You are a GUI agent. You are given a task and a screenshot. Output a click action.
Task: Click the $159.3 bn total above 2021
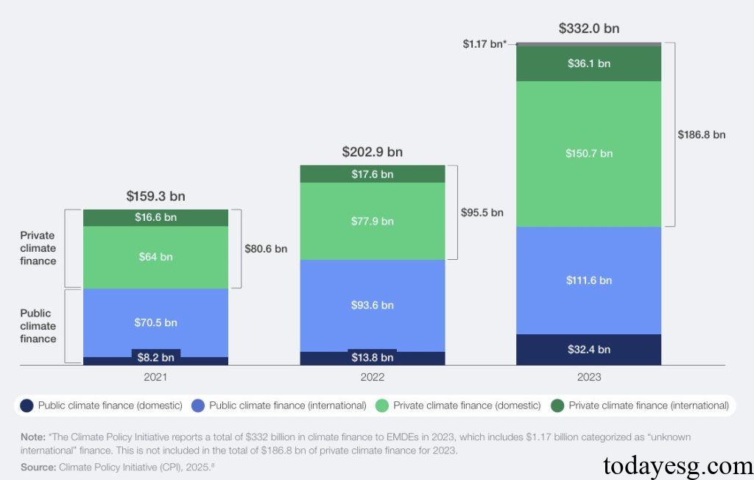[155, 197]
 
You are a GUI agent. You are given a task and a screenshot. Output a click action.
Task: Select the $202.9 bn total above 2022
[372, 152]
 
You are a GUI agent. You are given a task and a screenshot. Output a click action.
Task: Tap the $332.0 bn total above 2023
[589, 29]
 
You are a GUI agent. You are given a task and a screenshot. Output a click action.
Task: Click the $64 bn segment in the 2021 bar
[155, 257]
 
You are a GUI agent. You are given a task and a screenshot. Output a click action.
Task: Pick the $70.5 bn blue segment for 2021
[155, 322]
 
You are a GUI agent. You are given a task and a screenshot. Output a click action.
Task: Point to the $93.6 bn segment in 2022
[372, 305]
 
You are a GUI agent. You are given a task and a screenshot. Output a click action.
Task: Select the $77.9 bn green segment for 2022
[372, 221]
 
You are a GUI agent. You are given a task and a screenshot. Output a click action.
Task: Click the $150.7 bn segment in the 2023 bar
[589, 153]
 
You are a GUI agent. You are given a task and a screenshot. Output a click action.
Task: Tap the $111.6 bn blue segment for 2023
[589, 280]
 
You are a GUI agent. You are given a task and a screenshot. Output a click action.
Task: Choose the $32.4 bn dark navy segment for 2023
[589, 350]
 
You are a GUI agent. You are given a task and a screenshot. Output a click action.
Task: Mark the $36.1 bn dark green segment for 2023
[589, 63]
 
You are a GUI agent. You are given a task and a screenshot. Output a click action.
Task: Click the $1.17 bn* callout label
[484, 45]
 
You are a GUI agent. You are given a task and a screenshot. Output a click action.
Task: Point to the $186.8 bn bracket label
[701, 135]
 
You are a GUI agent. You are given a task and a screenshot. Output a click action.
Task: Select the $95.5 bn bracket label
[482, 212]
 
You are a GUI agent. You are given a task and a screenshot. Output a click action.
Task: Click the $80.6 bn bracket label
[266, 249]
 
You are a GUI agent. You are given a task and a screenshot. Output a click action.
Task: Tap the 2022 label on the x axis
[372, 377]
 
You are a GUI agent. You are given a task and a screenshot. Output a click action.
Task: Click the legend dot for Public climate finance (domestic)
[27, 406]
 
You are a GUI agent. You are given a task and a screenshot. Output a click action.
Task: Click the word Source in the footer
[38, 467]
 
